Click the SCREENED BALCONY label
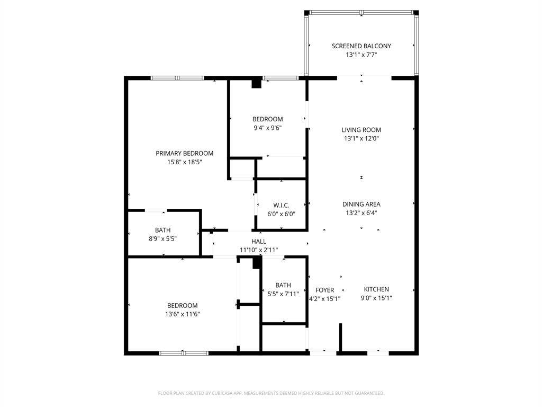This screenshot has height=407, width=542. coord(361,46)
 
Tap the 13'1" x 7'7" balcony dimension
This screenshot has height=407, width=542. coord(361,55)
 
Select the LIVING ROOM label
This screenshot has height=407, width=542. coord(361,130)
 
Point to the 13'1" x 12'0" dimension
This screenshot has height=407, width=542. coord(361,138)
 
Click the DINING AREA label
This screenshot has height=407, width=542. coord(361,204)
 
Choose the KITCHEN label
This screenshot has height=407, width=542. coord(376,289)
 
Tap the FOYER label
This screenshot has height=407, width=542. coord(324,290)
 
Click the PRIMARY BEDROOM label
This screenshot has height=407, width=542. coord(184,154)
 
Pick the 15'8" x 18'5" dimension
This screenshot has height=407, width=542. coord(184,162)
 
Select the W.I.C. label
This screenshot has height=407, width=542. coord(281,205)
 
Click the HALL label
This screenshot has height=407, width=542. coord(259,242)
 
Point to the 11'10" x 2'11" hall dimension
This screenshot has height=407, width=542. coord(259,250)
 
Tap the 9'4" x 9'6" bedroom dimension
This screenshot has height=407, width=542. coord(267,127)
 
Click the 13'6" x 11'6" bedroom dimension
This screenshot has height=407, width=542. coord(183,314)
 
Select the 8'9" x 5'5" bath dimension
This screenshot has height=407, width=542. coord(162,238)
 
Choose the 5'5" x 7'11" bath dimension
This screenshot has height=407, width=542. coord(283,294)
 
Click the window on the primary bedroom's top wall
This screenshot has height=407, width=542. coord(177,78)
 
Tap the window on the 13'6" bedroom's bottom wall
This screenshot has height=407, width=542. coord(183,352)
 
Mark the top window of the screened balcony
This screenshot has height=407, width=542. coord(361,12)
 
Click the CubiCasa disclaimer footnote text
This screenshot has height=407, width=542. coord(271,393)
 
